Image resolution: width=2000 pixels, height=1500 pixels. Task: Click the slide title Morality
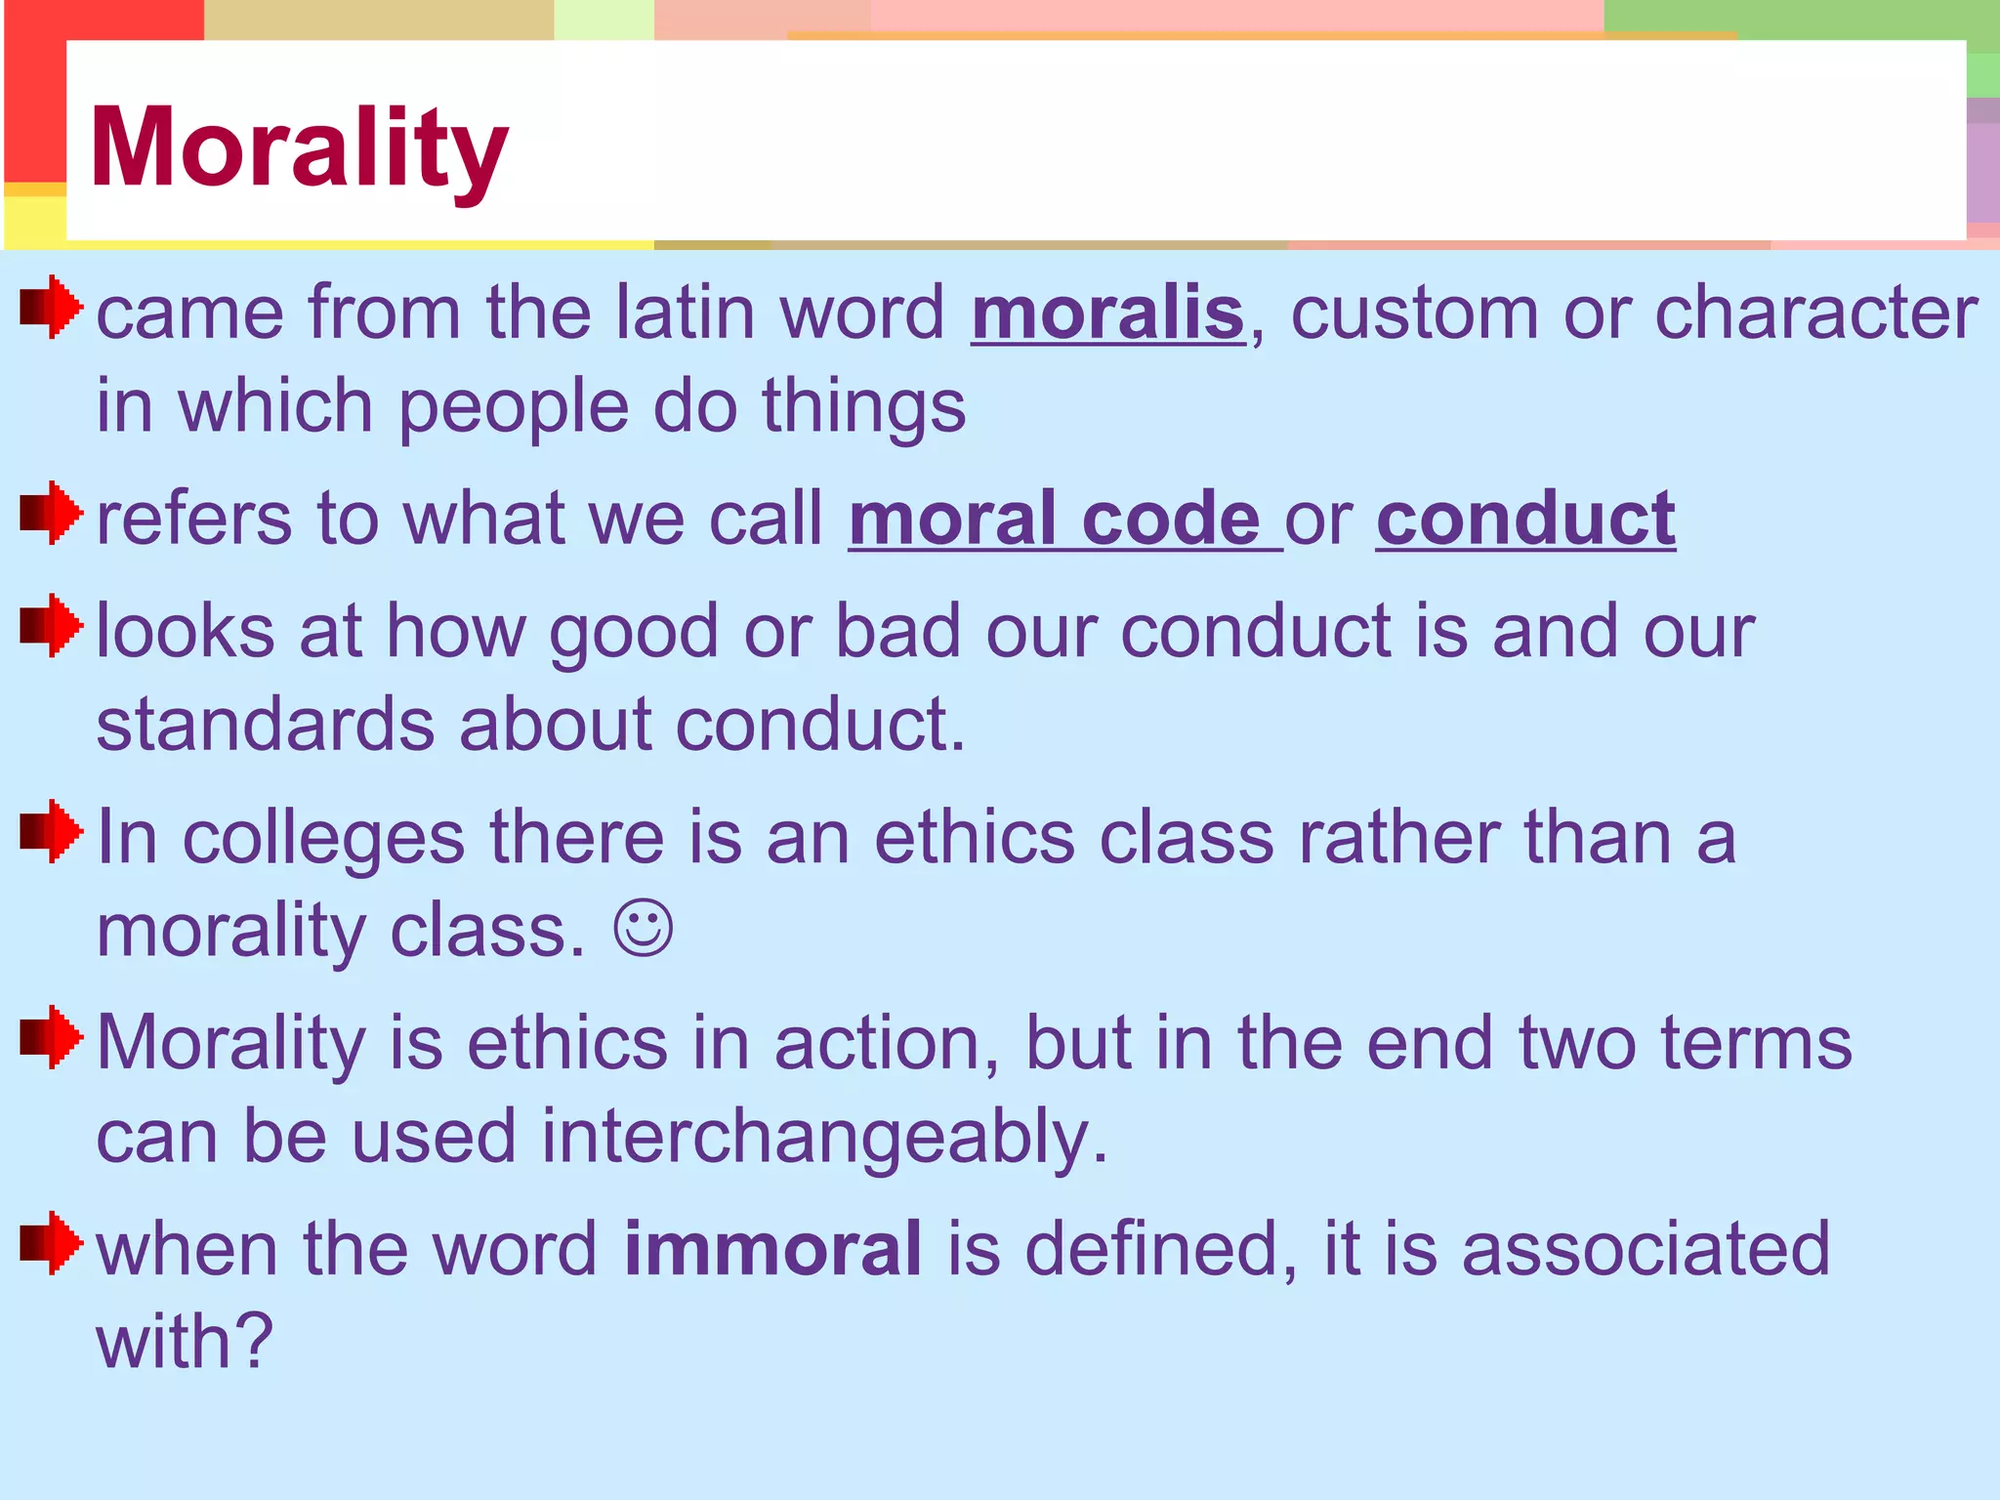point(299,148)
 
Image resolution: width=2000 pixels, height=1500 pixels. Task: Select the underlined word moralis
point(1107,314)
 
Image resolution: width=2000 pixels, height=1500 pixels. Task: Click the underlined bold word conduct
point(1525,519)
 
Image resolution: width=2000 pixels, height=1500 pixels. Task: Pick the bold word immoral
point(772,1249)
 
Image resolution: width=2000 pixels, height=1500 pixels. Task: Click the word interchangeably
point(824,1137)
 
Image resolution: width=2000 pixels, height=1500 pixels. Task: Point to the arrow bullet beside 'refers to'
point(51,513)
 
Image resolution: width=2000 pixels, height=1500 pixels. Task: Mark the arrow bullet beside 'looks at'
point(51,626)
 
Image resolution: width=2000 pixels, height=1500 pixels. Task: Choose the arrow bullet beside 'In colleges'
point(51,832)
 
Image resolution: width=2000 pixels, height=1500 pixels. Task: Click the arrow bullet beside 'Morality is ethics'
point(51,1038)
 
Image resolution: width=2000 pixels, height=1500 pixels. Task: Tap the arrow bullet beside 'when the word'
point(51,1244)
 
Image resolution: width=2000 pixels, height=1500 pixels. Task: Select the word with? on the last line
point(184,1342)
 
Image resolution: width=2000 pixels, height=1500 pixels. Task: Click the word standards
point(265,726)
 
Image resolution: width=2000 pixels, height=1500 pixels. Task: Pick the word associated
point(1645,1249)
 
